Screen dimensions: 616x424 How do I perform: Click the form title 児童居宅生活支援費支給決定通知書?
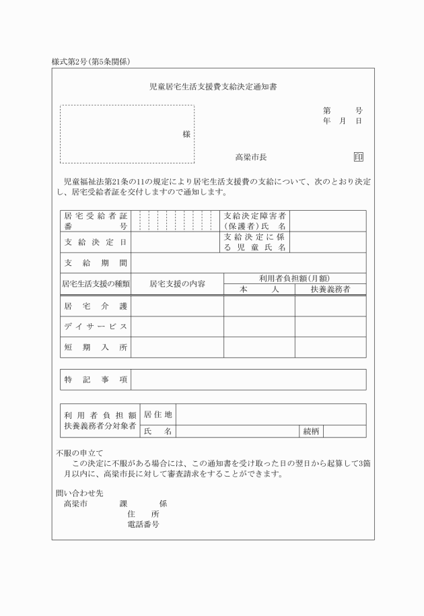(212, 87)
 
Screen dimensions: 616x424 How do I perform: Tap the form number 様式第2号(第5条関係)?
(91, 62)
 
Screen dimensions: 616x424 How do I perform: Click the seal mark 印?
(358, 157)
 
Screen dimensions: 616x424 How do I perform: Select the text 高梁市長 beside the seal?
(251, 157)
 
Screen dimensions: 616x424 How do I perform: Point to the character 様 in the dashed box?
(186, 134)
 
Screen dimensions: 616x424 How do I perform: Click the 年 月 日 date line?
(342, 121)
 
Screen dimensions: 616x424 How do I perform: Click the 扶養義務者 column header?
(330, 289)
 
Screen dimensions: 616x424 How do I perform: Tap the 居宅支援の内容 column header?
(177, 284)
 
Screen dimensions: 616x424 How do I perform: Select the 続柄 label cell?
(310, 431)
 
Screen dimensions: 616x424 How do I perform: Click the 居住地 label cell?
(157, 414)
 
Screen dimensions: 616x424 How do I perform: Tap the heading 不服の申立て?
(79, 453)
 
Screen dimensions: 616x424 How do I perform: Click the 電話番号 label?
(143, 524)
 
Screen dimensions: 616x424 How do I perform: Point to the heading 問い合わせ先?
(75, 493)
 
